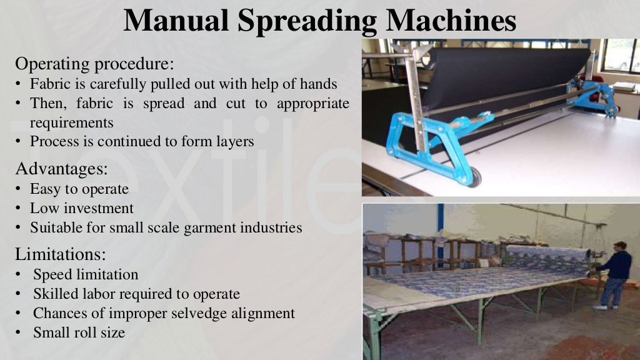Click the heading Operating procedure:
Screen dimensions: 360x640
[x=94, y=64]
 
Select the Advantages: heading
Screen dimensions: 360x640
[x=61, y=169]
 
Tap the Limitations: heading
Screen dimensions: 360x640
[x=61, y=254]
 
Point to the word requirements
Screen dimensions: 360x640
[x=71, y=122]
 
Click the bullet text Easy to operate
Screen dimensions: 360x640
[x=79, y=189]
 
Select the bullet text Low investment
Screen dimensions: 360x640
[x=82, y=208]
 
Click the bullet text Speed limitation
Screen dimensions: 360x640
[x=86, y=274]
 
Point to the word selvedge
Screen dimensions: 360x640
[x=207, y=313]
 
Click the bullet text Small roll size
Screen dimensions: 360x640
[x=79, y=332]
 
